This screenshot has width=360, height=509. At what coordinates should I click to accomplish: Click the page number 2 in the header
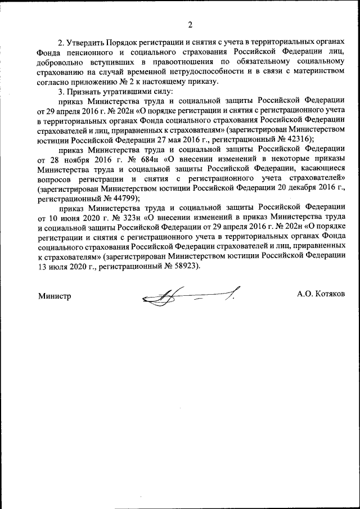(x=190, y=24)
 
